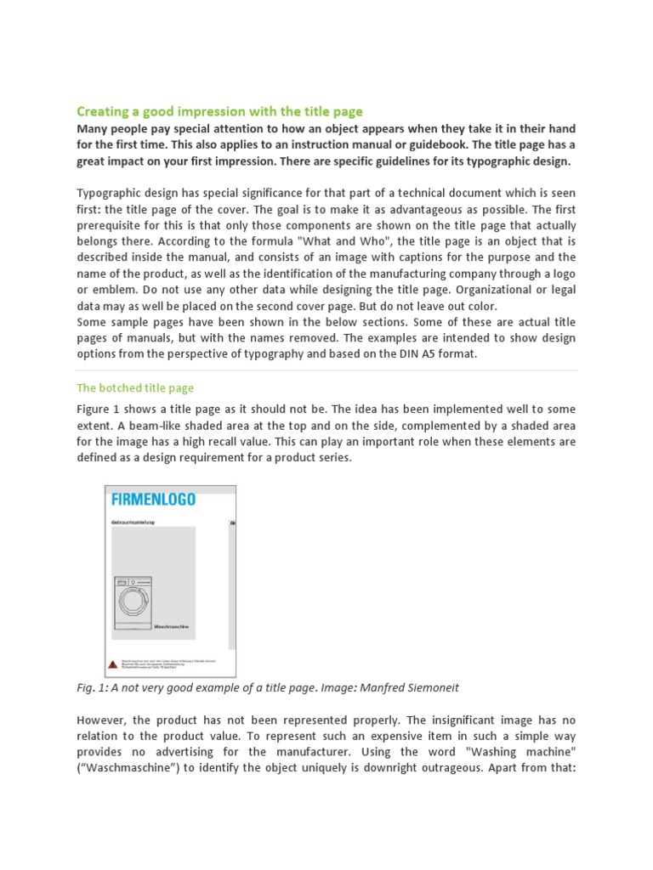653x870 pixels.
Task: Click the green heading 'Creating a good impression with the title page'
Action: click(x=219, y=111)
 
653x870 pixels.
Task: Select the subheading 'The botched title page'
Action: click(x=135, y=387)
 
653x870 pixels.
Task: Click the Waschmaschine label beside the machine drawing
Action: click(x=169, y=626)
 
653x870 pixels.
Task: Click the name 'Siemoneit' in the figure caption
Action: click(x=434, y=686)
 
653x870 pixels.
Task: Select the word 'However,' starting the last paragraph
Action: click(x=104, y=720)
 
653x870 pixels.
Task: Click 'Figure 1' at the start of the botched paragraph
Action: click(x=100, y=409)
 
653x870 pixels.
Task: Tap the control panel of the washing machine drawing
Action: click(x=133, y=582)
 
